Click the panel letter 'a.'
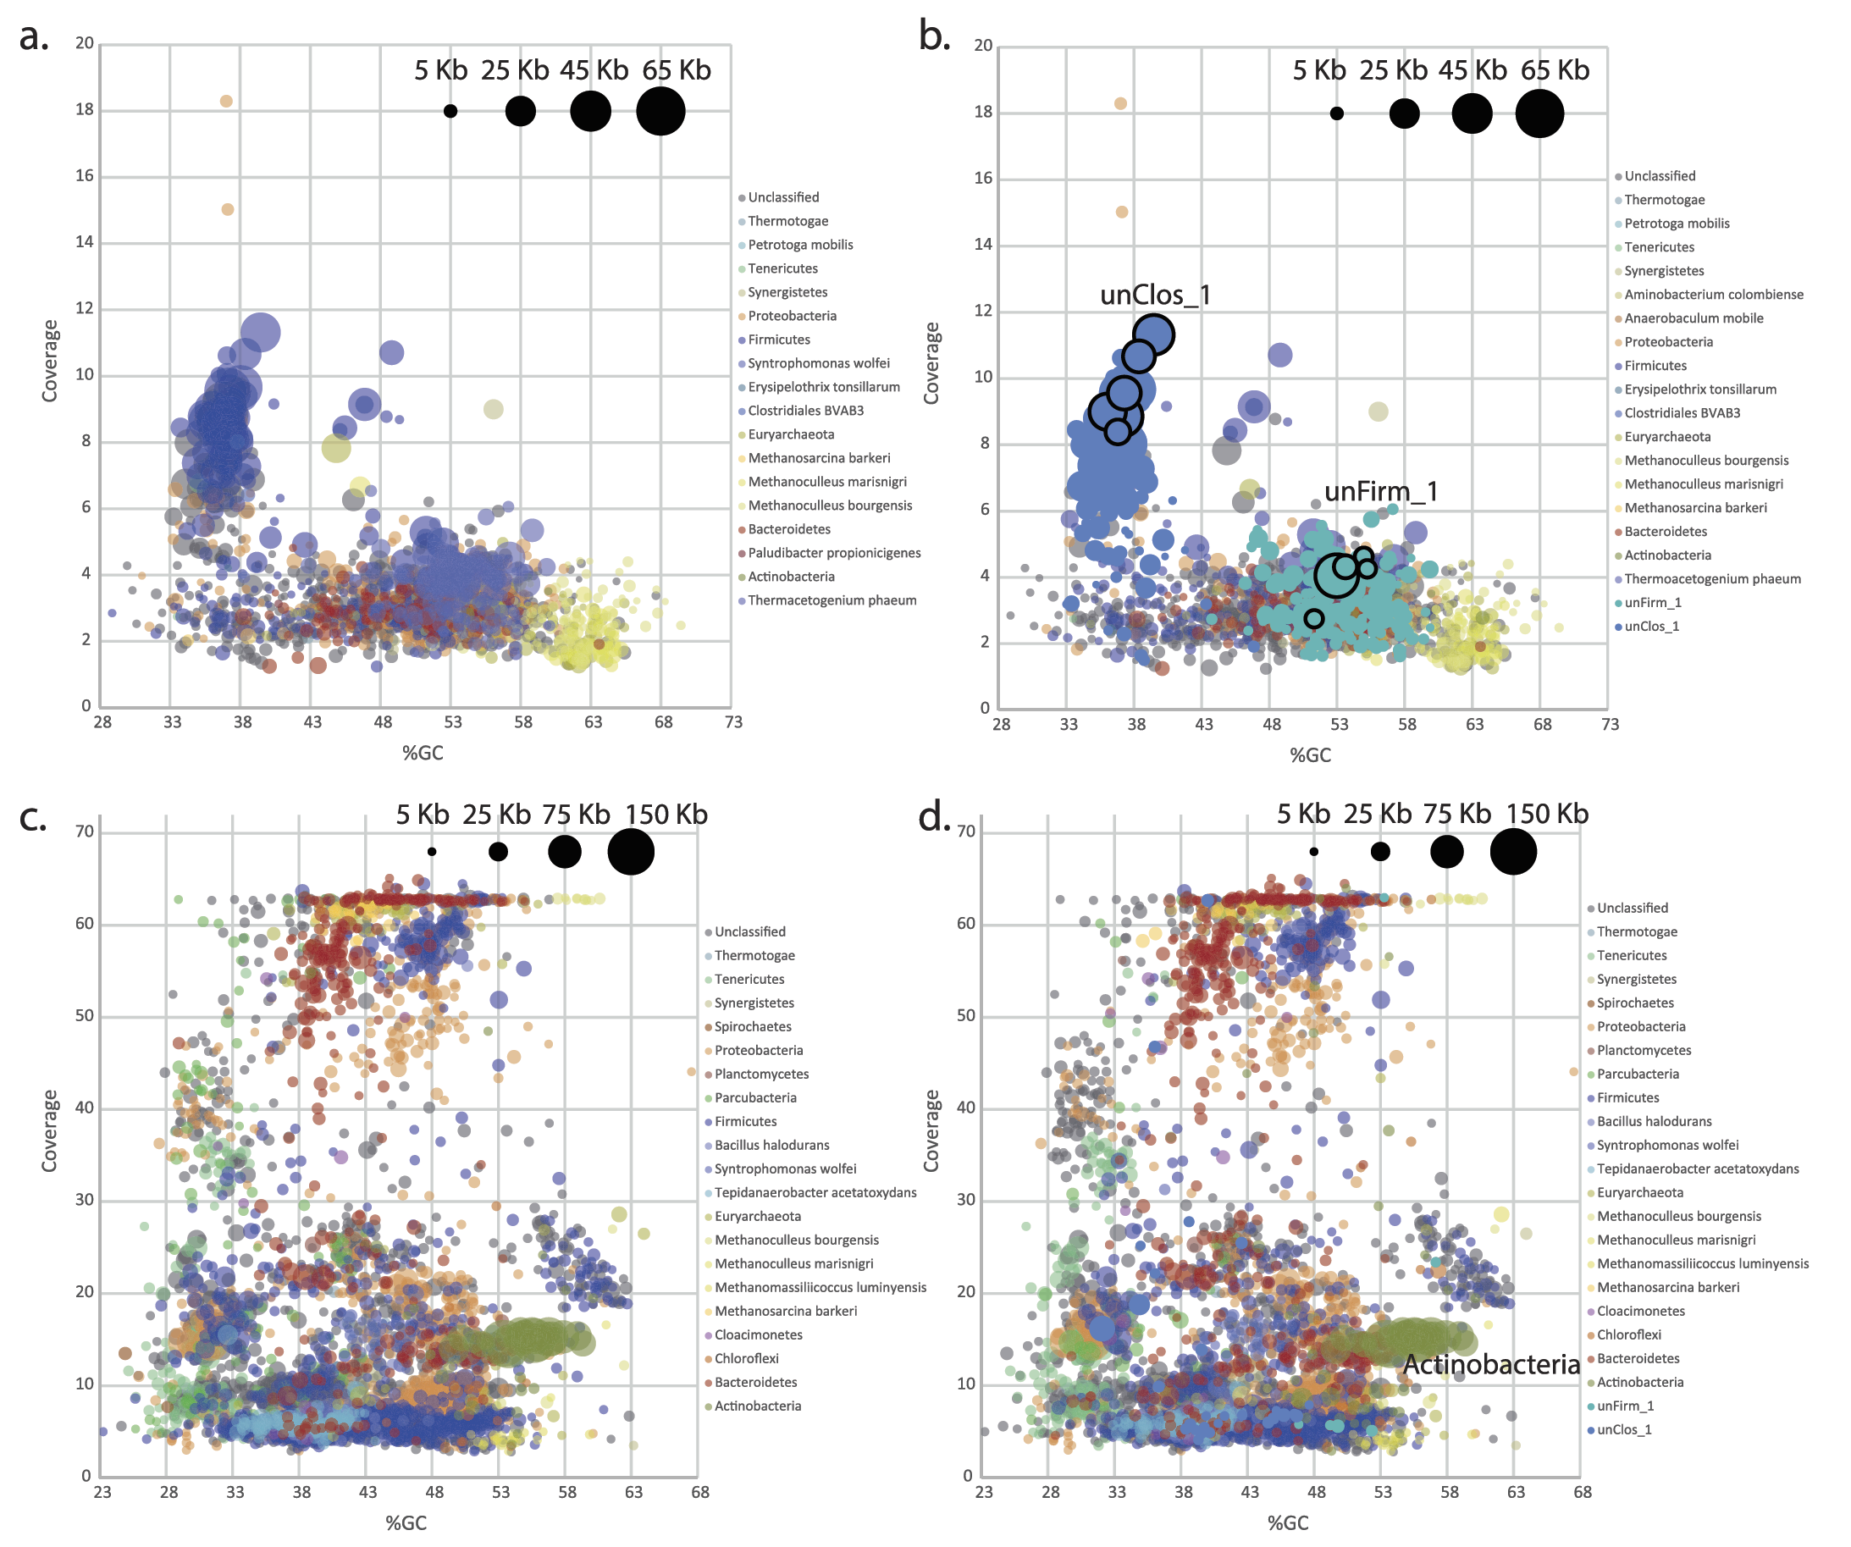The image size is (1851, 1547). pos(34,38)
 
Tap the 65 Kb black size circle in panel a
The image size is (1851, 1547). pos(660,112)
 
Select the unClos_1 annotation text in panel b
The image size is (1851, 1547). pos(1155,295)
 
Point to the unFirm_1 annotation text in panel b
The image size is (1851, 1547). pos(1380,491)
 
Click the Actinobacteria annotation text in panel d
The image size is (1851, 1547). pos(1490,1365)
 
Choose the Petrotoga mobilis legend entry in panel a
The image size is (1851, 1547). pos(799,245)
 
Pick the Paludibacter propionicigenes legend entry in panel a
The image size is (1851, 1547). pos(834,553)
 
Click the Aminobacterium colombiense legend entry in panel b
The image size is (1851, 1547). pos(1713,295)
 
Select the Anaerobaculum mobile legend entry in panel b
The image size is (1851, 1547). pos(1694,318)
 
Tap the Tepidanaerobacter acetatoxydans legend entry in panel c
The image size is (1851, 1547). pos(815,1193)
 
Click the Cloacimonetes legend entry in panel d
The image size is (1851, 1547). pos(1640,1311)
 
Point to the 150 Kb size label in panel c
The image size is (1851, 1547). pos(666,815)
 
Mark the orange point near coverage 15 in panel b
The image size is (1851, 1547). pos(1121,213)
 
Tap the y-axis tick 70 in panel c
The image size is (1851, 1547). pos(85,832)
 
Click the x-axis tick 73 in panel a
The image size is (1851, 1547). pos(733,722)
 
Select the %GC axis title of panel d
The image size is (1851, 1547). pos(1288,1522)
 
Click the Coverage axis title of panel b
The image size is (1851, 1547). pos(931,363)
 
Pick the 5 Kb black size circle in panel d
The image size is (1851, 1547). pos(1313,852)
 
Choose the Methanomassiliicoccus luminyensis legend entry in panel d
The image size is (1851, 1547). pos(1702,1263)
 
